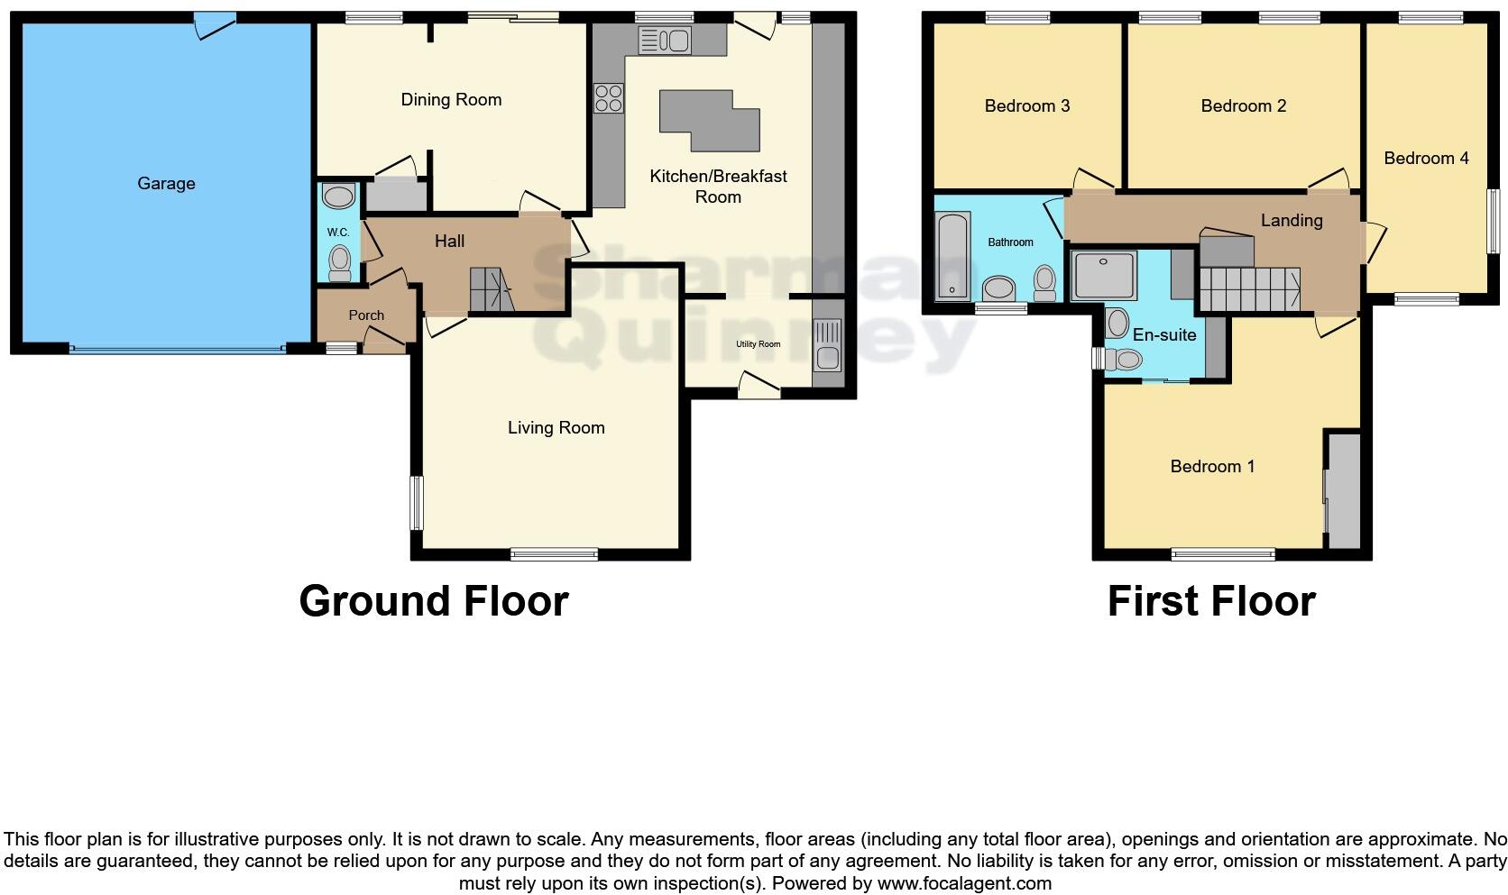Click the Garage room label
pos(166,184)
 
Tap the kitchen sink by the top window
pos(664,41)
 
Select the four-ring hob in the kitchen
pos(609,97)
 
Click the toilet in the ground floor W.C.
pos(339,263)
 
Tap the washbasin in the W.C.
pos(338,196)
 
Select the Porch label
pos(366,315)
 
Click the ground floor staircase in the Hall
pos(490,289)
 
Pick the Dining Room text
pos(451,100)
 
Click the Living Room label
pos(556,428)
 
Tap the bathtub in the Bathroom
pos(952,256)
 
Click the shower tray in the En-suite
pos(1105,275)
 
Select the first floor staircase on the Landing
pos(1249,288)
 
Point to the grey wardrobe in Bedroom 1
pos(1344,491)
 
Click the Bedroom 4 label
pos(1426,159)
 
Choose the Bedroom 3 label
pos(1026,106)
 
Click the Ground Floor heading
pos(433,601)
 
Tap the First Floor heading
pos(1210,601)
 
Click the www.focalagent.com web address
pos(963,883)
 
